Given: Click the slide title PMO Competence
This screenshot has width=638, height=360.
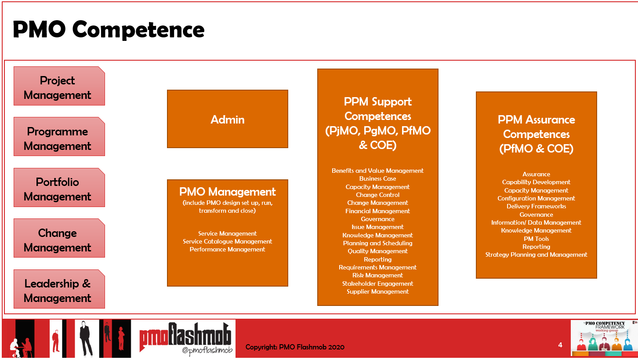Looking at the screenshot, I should click(109, 29).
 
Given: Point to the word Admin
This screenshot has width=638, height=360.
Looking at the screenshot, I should click(228, 120).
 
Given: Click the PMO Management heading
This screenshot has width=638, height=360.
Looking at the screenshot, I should click(228, 192).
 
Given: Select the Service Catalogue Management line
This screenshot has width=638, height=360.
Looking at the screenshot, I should click(228, 241).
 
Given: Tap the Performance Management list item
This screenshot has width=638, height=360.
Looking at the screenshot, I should click(228, 249).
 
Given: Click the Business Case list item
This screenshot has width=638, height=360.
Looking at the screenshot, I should click(377, 178).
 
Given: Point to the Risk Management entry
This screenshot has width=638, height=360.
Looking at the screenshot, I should click(377, 275).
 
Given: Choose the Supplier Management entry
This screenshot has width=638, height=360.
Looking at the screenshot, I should click(377, 291).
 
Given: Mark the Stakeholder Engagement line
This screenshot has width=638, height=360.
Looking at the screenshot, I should click(377, 284).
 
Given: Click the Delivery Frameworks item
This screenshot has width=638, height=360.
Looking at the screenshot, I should click(536, 206).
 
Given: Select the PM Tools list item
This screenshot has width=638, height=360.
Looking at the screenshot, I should click(536, 239).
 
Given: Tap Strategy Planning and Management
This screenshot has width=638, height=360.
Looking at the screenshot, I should click(536, 255).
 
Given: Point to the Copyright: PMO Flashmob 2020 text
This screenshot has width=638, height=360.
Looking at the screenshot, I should click(295, 347).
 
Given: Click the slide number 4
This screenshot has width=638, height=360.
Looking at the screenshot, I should click(560, 345).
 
